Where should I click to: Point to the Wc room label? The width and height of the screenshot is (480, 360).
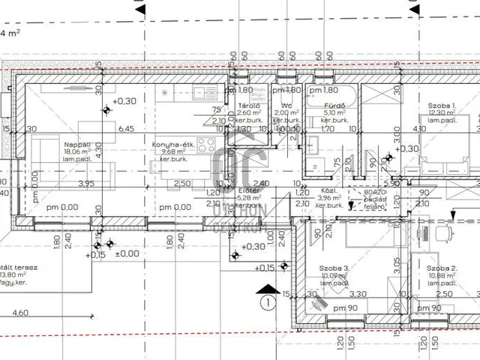point(286,106)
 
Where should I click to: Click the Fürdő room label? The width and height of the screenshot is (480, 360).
point(334,106)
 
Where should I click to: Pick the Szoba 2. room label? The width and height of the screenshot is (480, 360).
point(442,268)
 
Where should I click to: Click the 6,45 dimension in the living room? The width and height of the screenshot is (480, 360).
point(127,129)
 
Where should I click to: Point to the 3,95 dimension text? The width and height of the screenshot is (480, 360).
point(86,184)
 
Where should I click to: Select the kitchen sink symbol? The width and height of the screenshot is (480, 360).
point(199,93)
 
